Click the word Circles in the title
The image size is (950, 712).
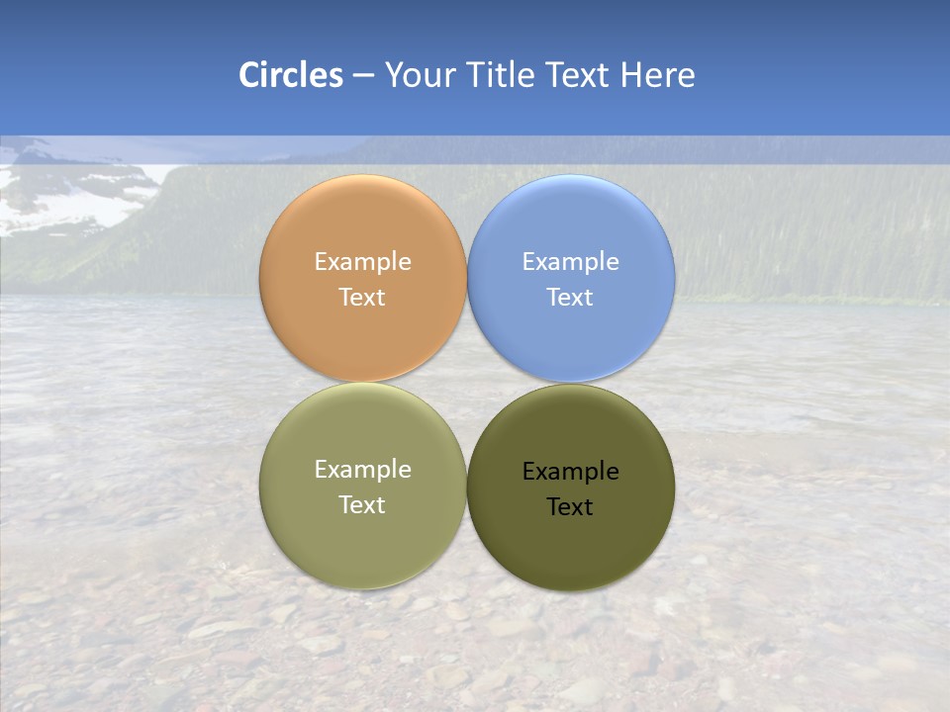[290, 75]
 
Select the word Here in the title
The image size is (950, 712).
[657, 75]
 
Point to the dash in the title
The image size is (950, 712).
[363, 76]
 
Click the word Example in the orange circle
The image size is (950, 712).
[362, 262]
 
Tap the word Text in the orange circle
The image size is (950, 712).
[362, 298]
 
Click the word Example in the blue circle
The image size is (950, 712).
[570, 262]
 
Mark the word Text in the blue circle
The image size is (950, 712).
[570, 298]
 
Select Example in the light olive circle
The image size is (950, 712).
[362, 470]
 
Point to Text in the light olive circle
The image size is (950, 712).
[362, 505]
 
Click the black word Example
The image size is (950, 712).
[570, 472]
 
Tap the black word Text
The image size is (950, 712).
[570, 507]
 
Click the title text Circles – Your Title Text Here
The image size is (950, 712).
[467, 75]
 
